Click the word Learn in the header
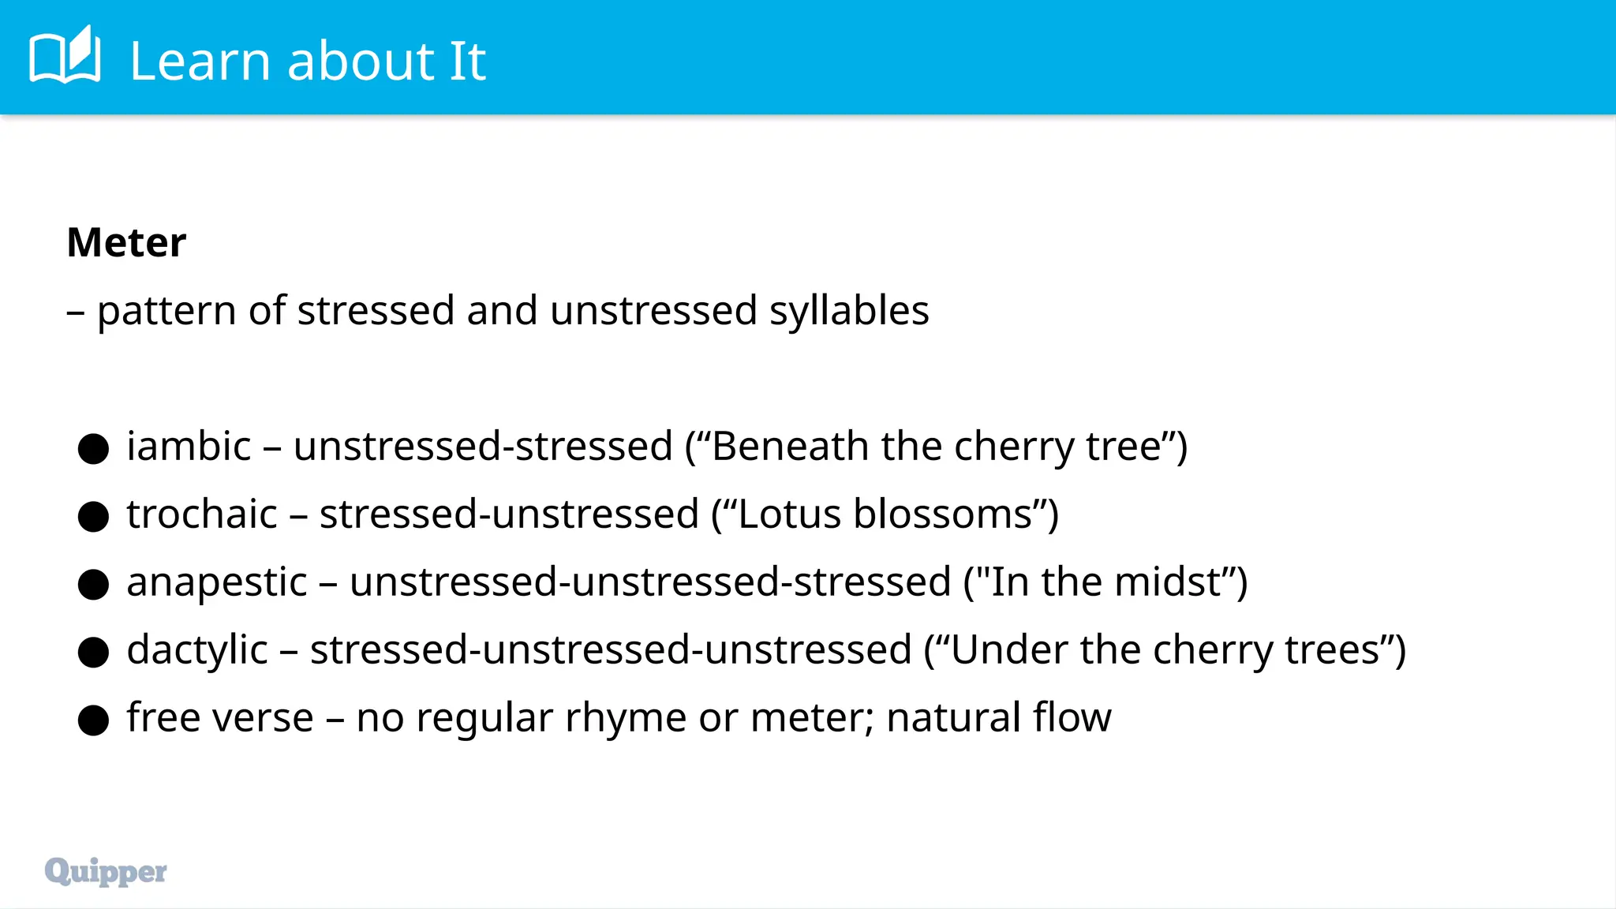click(200, 61)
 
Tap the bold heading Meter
click(126, 242)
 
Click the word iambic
click(189, 447)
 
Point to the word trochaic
click(202, 514)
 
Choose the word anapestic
click(216, 583)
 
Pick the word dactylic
click(197, 651)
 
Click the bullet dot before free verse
click(93, 720)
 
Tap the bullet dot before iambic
click(93, 448)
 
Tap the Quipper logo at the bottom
click(106, 871)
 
